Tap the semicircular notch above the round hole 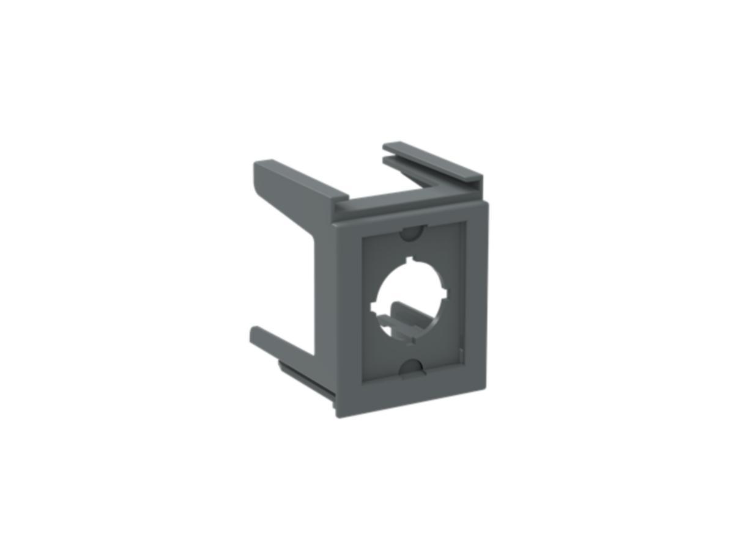412,233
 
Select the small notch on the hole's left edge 374,303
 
